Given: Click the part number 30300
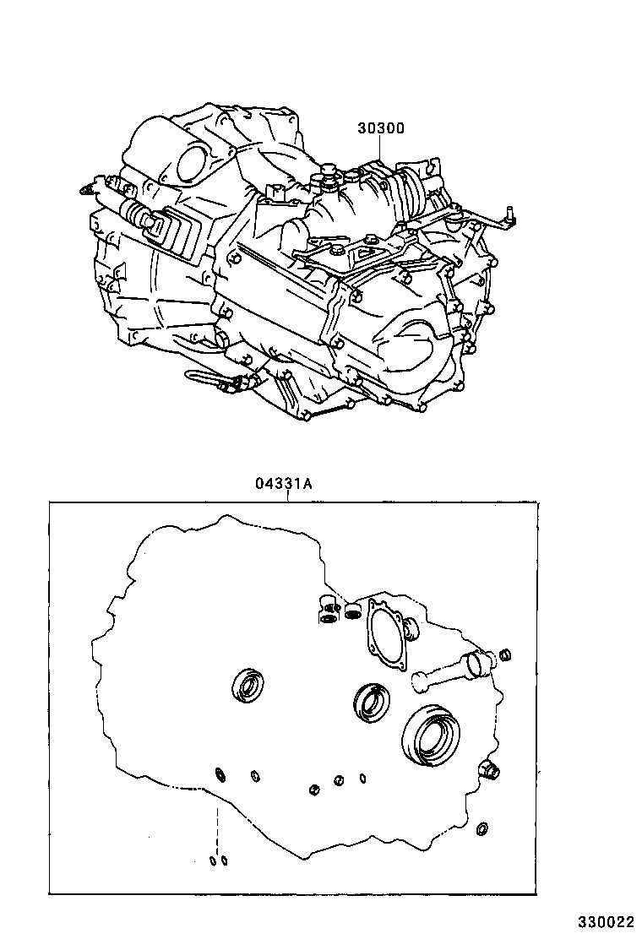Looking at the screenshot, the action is (x=381, y=128).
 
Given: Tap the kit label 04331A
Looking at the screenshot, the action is (x=284, y=483).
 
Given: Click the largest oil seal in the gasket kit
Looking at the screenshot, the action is (x=431, y=735).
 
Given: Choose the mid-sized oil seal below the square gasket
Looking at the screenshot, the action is (x=372, y=701).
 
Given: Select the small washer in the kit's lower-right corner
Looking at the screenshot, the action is (x=481, y=829).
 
